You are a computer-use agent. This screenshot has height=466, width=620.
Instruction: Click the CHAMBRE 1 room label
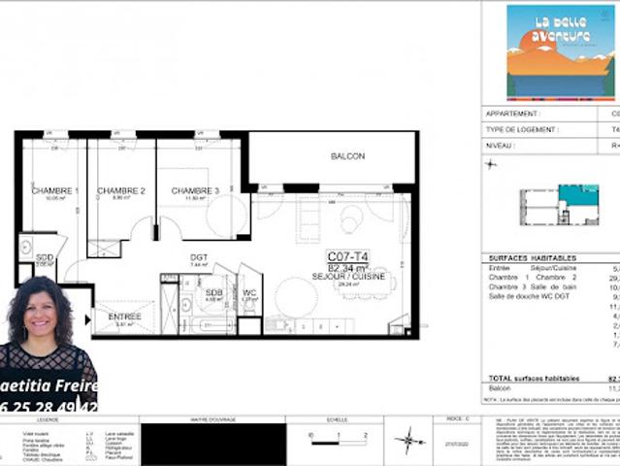click(x=55, y=191)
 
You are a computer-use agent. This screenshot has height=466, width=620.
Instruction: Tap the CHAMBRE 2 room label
click(x=121, y=191)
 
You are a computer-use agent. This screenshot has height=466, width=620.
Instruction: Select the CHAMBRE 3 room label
click(x=195, y=191)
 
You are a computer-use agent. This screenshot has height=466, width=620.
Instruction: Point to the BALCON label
click(x=347, y=156)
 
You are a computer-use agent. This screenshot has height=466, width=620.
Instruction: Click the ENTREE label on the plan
click(x=124, y=316)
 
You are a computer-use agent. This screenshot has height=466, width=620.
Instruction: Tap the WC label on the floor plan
click(x=249, y=292)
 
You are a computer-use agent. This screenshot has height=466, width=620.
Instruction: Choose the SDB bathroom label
click(x=213, y=292)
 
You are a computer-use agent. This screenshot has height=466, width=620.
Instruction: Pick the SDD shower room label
click(x=45, y=257)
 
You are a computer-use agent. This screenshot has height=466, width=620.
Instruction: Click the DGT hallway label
click(x=199, y=256)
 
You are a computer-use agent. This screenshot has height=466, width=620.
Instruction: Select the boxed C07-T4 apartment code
click(x=347, y=256)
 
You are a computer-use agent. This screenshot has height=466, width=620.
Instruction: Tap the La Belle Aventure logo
click(x=561, y=50)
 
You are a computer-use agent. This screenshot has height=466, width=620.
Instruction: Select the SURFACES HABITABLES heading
click(x=533, y=258)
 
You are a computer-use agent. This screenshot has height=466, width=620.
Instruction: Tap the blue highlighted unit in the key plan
click(x=578, y=197)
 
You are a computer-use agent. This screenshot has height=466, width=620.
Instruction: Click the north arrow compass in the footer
click(x=409, y=440)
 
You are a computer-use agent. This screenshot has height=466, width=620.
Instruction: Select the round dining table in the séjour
click(x=295, y=297)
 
